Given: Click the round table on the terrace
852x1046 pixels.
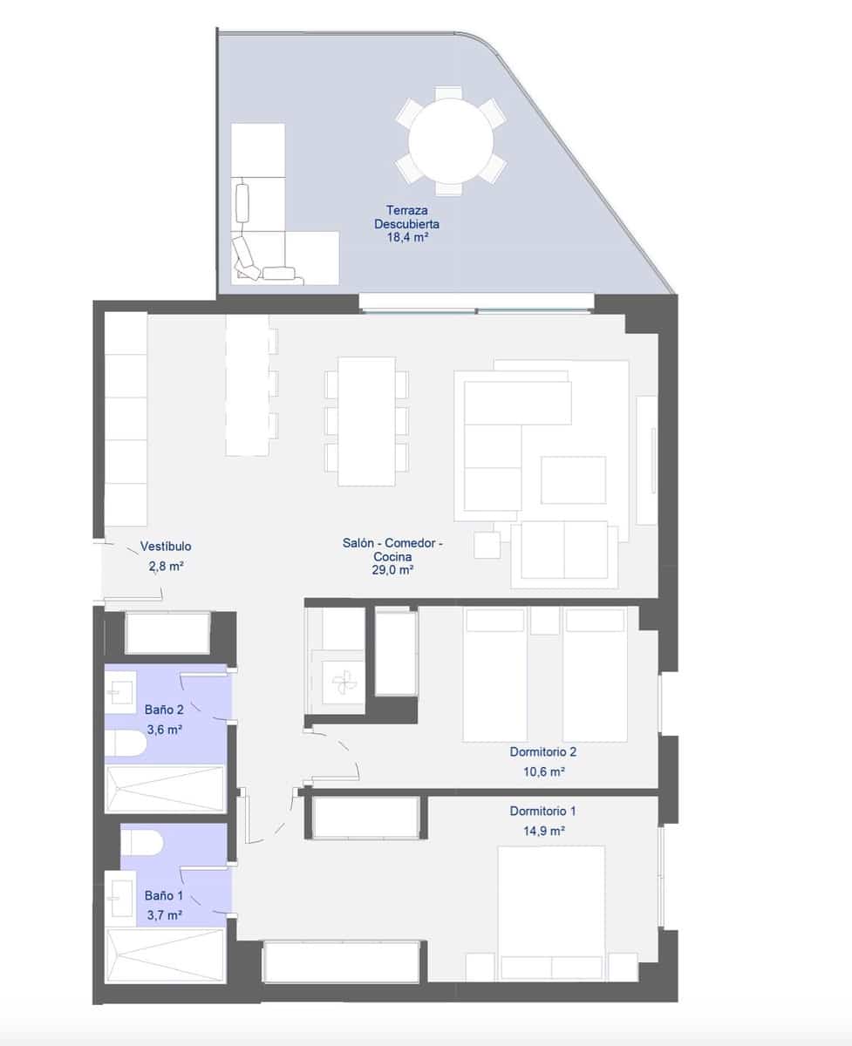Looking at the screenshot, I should pos(450,140).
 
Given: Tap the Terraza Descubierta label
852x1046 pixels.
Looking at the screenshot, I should pos(407,217).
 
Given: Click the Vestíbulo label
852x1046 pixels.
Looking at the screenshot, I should pos(166,547).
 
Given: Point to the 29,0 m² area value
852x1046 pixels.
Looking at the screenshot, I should pos(392,570).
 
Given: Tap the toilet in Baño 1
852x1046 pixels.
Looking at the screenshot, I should pos(142,842).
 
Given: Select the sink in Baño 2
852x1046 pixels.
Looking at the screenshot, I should pos(118,692).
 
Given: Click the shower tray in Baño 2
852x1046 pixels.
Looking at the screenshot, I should pos(164,788).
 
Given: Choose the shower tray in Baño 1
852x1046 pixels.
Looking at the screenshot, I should pos(164,956).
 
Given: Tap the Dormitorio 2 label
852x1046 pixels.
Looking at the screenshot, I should pos(543,751).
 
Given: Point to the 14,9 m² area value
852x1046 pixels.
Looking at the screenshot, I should pos(543,832).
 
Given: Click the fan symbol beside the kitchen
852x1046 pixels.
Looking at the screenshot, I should pos(342,679).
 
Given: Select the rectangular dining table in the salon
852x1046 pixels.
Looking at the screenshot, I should pos(367,421).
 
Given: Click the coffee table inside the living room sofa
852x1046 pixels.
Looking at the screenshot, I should pos(573,479).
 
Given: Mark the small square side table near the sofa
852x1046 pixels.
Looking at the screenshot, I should pos(487,545).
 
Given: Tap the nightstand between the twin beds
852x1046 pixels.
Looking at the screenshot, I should pos(545,621).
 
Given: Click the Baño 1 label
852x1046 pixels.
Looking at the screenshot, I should pos(164,895).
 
